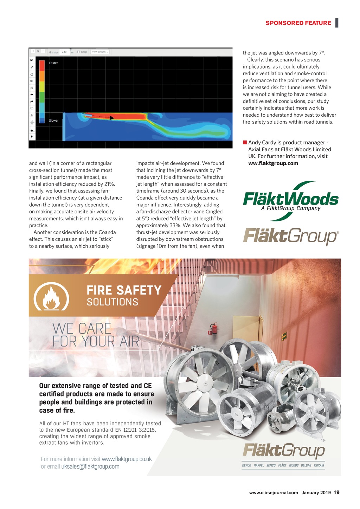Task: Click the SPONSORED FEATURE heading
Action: click(298, 23)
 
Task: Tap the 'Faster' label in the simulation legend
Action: click(53, 63)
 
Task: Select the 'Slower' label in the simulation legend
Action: click(54, 121)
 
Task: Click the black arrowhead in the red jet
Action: click(111, 118)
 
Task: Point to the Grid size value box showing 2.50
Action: click(65, 52)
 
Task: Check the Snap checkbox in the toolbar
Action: click(79, 52)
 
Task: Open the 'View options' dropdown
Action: click(100, 52)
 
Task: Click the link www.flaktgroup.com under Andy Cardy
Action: click(273, 163)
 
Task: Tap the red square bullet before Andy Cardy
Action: click(245, 142)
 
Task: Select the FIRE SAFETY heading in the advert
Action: click(124, 290)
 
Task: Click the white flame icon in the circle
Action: click(51, 298)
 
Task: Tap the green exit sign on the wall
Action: click(284, 337)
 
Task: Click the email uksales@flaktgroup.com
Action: click(90, 466)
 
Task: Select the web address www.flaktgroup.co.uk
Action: click(127, 459)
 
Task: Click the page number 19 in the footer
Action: click(336, 492)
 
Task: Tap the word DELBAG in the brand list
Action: click(306, 465)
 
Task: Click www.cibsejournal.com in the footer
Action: click(274, 492)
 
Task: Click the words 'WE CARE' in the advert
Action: click(82, 329)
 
